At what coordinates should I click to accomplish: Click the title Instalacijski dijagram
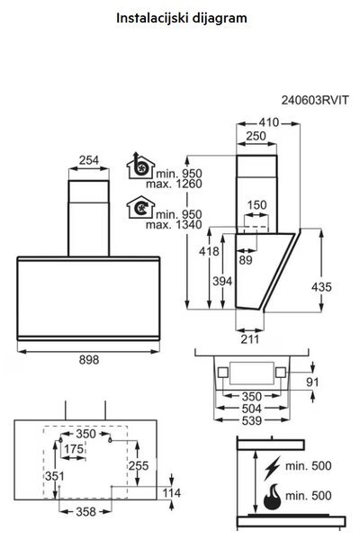coord(182,18)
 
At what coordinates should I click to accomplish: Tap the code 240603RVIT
coord(315,100)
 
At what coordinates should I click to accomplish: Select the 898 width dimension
coord(89,359)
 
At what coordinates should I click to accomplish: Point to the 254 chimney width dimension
coord(89,160)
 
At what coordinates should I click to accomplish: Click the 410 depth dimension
coord(269,122)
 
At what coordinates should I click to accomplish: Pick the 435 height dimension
coord(321,286)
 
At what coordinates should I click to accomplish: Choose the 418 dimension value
coord(209,251)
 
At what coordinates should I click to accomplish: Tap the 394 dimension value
coord(222,281)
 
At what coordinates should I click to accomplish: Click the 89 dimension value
coord(246,260)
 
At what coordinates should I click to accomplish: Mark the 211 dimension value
coord(250,339)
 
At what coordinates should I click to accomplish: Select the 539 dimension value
coord(252,420)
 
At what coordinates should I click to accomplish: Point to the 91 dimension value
coord(312,382)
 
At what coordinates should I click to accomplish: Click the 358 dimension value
coord(85,512)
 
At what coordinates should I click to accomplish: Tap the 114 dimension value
coord(171,493)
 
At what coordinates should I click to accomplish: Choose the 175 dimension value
coord(74,449)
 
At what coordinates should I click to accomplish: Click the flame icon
coord(272,496)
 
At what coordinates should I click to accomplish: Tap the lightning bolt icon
coord(272,468)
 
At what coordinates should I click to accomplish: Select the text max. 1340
coord(174,225)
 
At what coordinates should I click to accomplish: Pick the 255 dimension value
coord(139,465)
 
